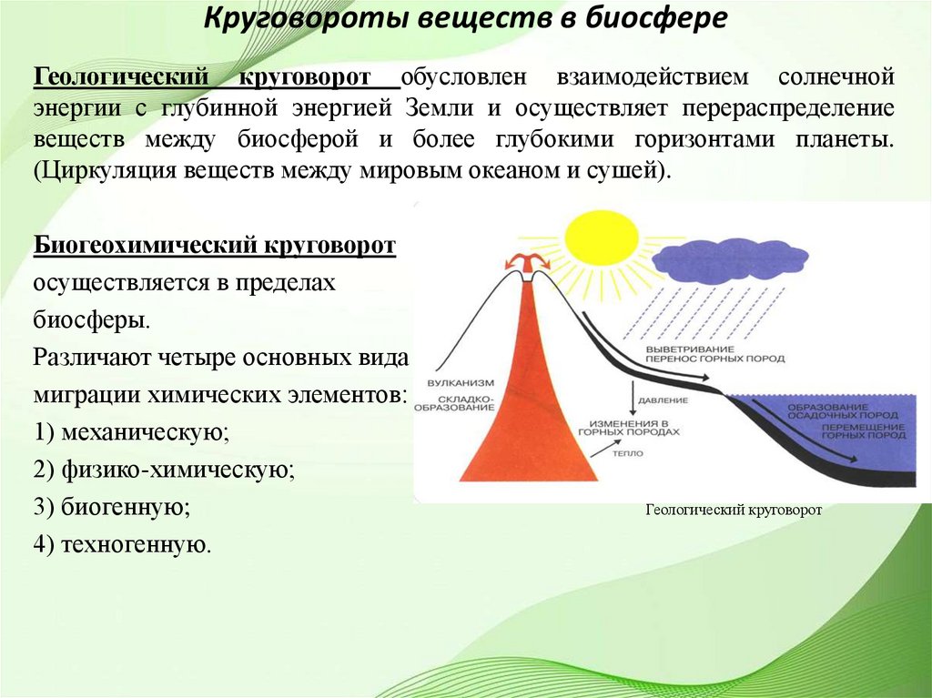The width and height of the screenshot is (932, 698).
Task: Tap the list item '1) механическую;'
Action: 132,432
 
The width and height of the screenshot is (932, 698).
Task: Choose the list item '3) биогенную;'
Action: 112,507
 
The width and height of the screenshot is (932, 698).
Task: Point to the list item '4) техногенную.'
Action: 123,544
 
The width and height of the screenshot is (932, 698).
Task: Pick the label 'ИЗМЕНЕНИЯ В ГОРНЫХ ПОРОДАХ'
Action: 634,429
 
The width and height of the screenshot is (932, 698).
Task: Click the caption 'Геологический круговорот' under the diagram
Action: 734,511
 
